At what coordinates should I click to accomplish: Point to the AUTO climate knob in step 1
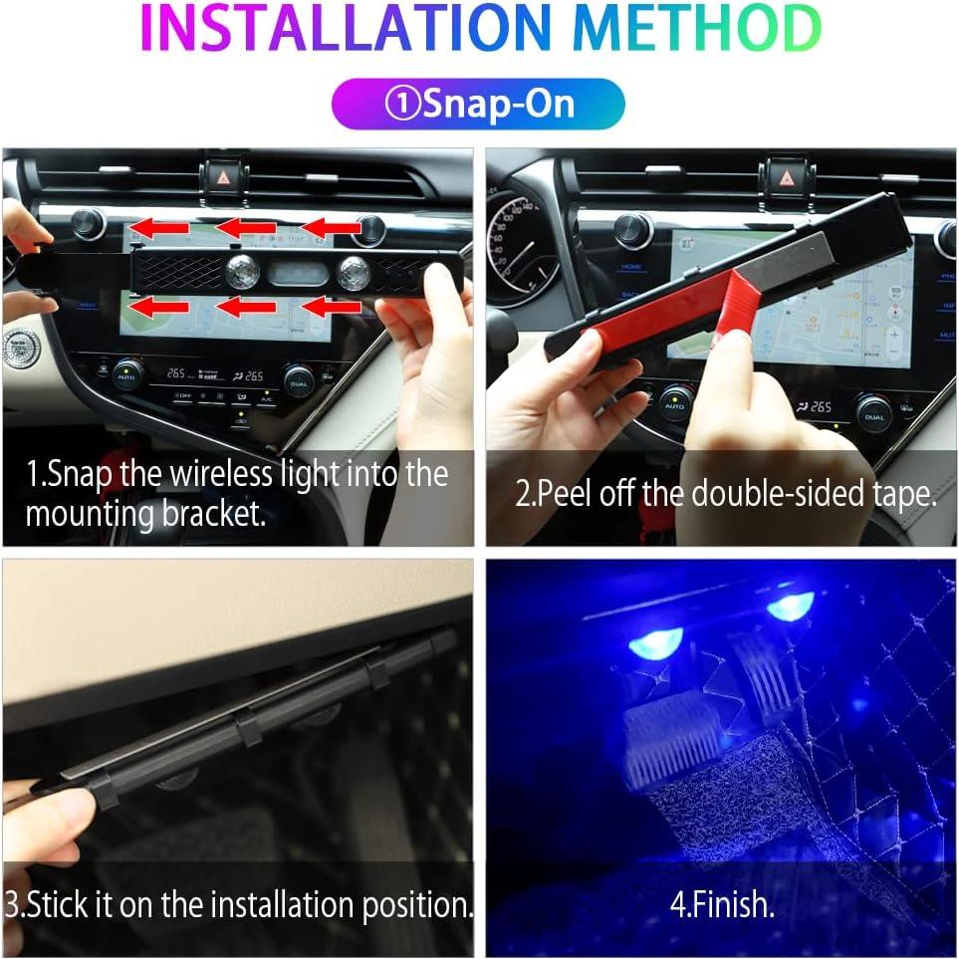126,374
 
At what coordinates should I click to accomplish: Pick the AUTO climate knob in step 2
674,400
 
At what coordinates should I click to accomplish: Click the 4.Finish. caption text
721,905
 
